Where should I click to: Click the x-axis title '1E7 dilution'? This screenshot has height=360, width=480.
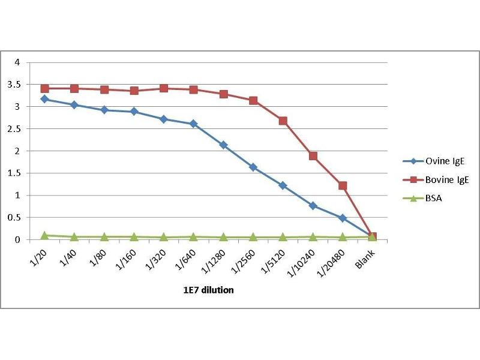[208, 290]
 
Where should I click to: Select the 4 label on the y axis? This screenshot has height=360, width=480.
[18, 62]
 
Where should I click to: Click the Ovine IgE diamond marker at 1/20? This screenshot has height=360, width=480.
[44, 99]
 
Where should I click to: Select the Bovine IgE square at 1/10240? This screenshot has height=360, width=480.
[313, 156]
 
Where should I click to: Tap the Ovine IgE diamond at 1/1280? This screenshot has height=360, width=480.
[223, 145]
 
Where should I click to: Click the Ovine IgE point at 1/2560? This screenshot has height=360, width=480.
[253, 167]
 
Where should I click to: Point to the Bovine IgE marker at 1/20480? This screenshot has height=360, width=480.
[343, 186]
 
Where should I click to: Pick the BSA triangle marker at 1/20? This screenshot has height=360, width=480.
[44, 235]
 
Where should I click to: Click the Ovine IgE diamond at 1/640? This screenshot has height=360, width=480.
[193, 124]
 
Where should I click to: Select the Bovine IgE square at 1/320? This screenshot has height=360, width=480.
[164, 89]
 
